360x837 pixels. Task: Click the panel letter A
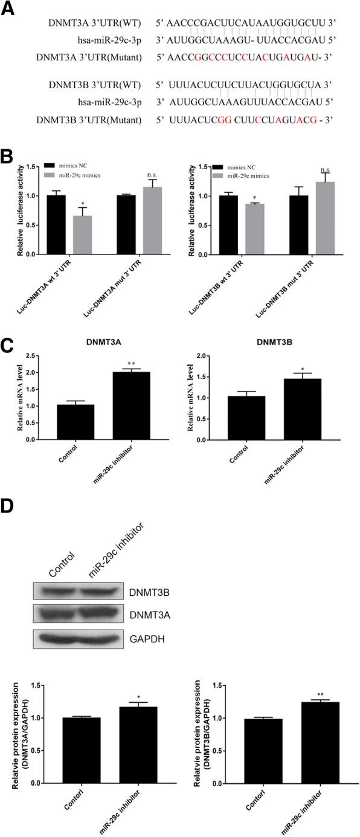coord(7,8)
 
